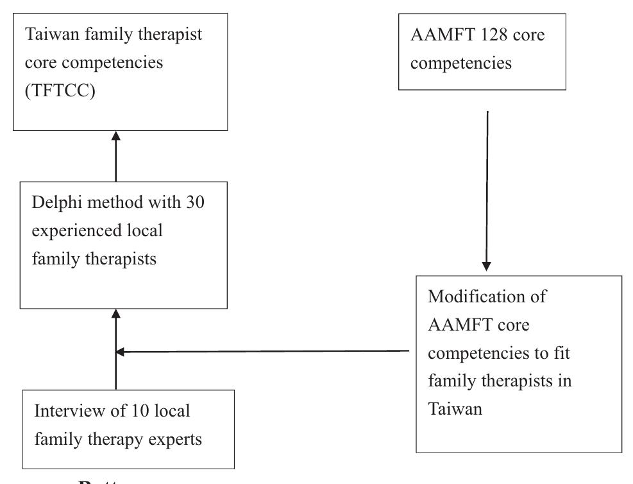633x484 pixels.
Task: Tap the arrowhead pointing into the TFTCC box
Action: (115, 136)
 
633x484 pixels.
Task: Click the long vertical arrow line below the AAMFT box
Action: (487, 186)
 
